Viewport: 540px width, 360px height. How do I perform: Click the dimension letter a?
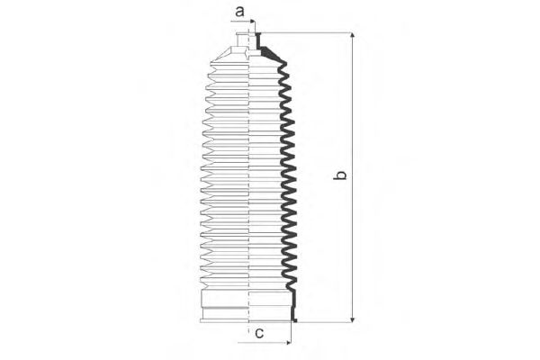click(239, 12)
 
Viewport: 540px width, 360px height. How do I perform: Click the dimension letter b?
click(340, 175)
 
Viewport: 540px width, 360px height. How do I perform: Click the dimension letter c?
click(259, 333)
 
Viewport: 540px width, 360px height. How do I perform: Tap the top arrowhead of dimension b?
click(352, 36)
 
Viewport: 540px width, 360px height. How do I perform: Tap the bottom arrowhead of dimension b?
click(352, 319)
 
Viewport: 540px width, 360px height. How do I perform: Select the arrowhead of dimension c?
click(287, 343)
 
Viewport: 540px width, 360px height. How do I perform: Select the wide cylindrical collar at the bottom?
click(247, 304)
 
